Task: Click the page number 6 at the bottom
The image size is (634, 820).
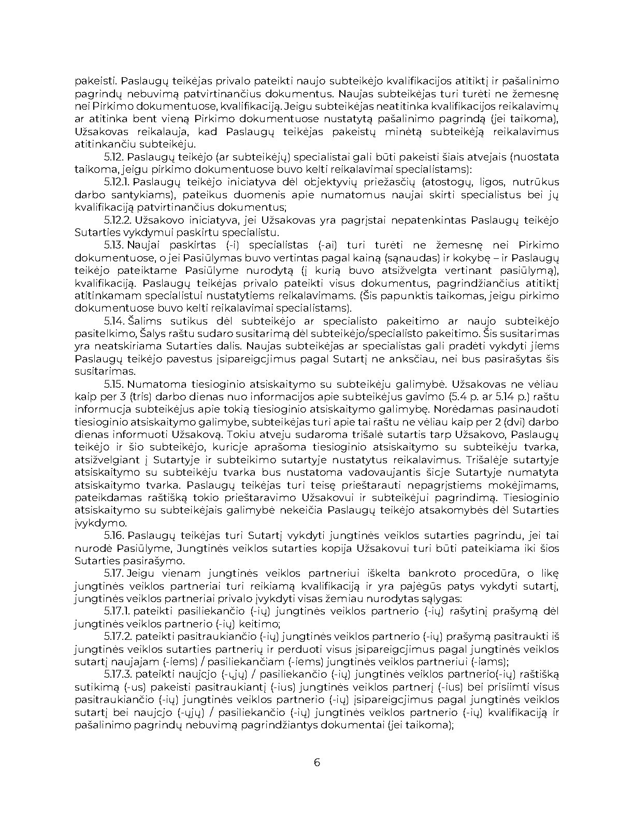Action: point(317,762)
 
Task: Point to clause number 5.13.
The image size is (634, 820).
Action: point(113,245)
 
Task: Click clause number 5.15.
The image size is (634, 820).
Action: point(113,384)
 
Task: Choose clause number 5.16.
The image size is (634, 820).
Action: point(113,535)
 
